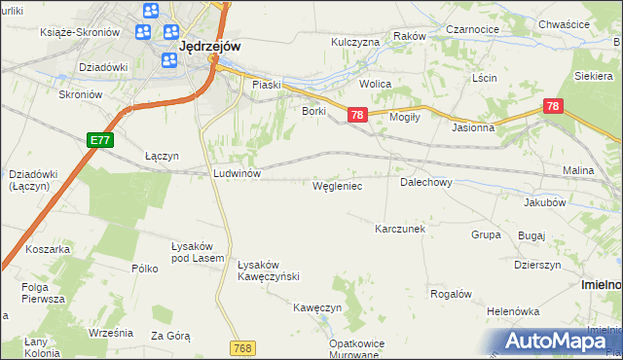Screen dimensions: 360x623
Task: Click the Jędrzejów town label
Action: [x=210, y=45]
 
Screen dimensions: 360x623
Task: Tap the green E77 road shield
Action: [x=99, y=140]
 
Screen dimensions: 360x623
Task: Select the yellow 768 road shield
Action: [x=243, y=347]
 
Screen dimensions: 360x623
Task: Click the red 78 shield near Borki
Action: [x=357, y=115]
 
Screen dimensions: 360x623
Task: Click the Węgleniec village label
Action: [x=337, y=184]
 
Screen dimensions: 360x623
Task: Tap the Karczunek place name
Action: [x=400, y=229]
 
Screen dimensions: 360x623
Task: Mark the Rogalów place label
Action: [x=451, y=294]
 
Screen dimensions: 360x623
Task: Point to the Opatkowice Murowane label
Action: [x=352, y=349]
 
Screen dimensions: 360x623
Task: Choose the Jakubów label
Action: [x=544, y=202]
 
